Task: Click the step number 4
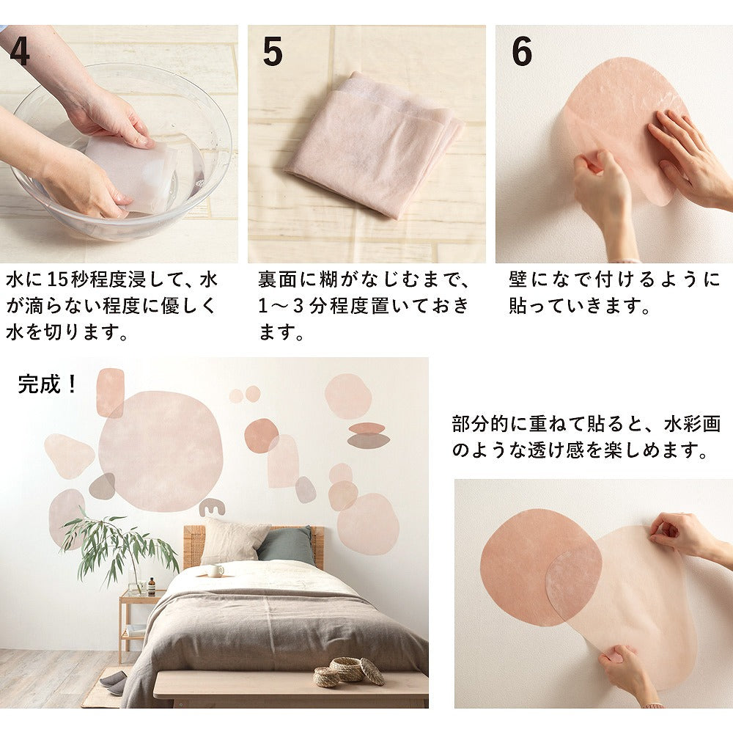19,51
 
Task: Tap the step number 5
273,51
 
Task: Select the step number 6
522,51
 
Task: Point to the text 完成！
47,384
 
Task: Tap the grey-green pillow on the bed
286,545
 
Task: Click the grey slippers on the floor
113,678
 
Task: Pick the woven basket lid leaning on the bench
372,672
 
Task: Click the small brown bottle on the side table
152,587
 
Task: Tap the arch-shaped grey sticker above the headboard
212,508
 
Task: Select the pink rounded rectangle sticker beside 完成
111,392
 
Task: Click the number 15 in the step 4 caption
58,279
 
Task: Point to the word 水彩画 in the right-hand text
693,423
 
